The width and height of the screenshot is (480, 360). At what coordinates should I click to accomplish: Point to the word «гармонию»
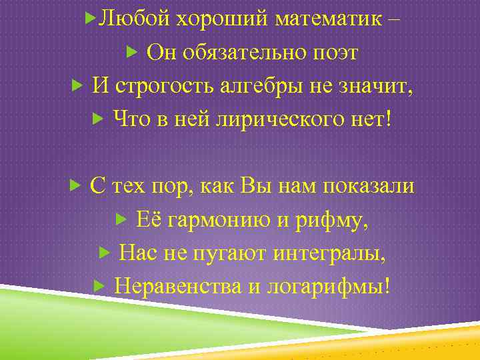pos(216,219)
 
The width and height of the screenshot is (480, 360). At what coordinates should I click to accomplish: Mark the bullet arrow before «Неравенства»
pos(97,286)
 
